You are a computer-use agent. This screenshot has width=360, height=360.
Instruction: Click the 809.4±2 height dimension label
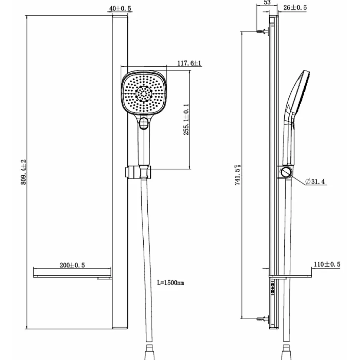coord(24,172)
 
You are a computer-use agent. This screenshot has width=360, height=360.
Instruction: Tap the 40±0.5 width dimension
coord(120,9)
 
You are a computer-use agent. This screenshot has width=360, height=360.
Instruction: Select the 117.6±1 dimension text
coord(189,63)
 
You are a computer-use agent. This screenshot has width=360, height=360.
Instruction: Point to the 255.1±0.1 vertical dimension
coord(186,119)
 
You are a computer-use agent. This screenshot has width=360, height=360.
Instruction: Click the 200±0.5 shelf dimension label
coord(72,265)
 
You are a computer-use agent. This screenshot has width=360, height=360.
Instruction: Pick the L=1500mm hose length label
coord(170,283)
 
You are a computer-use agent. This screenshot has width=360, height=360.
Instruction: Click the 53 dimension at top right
coord(267,2)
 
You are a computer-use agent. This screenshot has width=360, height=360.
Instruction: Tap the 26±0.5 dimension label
coord(295,7)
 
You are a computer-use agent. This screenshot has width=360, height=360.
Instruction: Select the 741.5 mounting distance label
coord(238,175)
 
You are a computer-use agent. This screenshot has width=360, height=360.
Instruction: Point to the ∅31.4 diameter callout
coord(315,182)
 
